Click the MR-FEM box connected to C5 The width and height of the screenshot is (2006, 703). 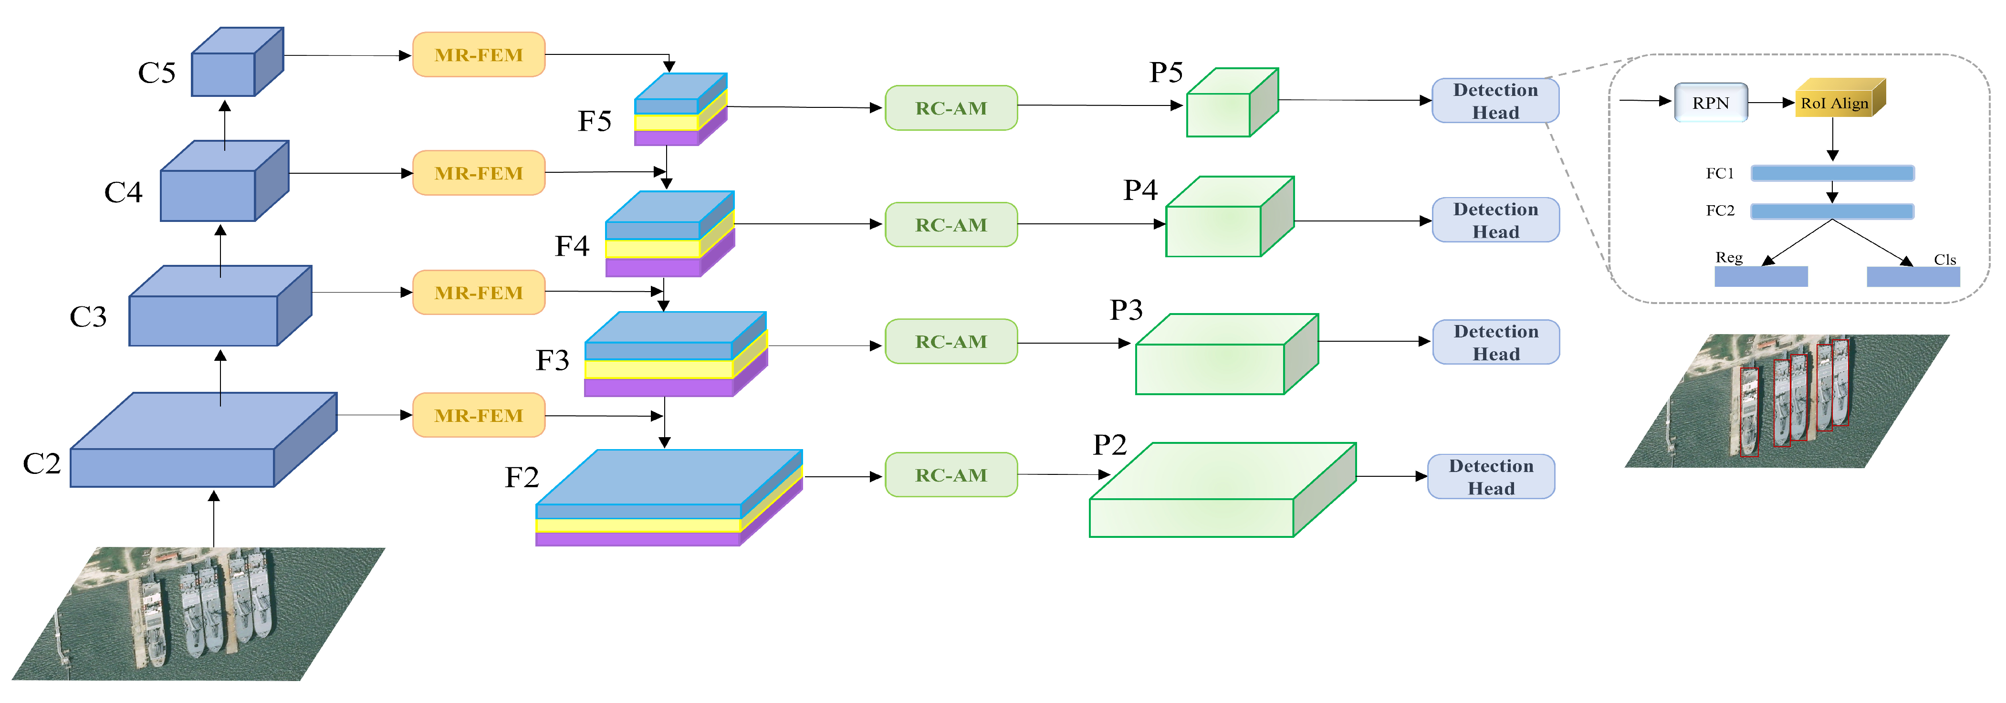click(478, 54)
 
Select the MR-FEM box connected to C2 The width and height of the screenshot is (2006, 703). click(478, 415)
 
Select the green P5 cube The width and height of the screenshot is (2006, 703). click(1231, 105)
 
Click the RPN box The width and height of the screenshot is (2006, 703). click(1710, 103)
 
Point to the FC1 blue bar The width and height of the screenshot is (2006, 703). click(1831, 173)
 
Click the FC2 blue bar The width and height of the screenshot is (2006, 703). click(1831, 211)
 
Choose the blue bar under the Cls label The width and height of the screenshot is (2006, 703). click(1912, 276)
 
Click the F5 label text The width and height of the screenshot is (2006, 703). click(594, 121)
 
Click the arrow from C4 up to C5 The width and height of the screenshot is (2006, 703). click(225, 125)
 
